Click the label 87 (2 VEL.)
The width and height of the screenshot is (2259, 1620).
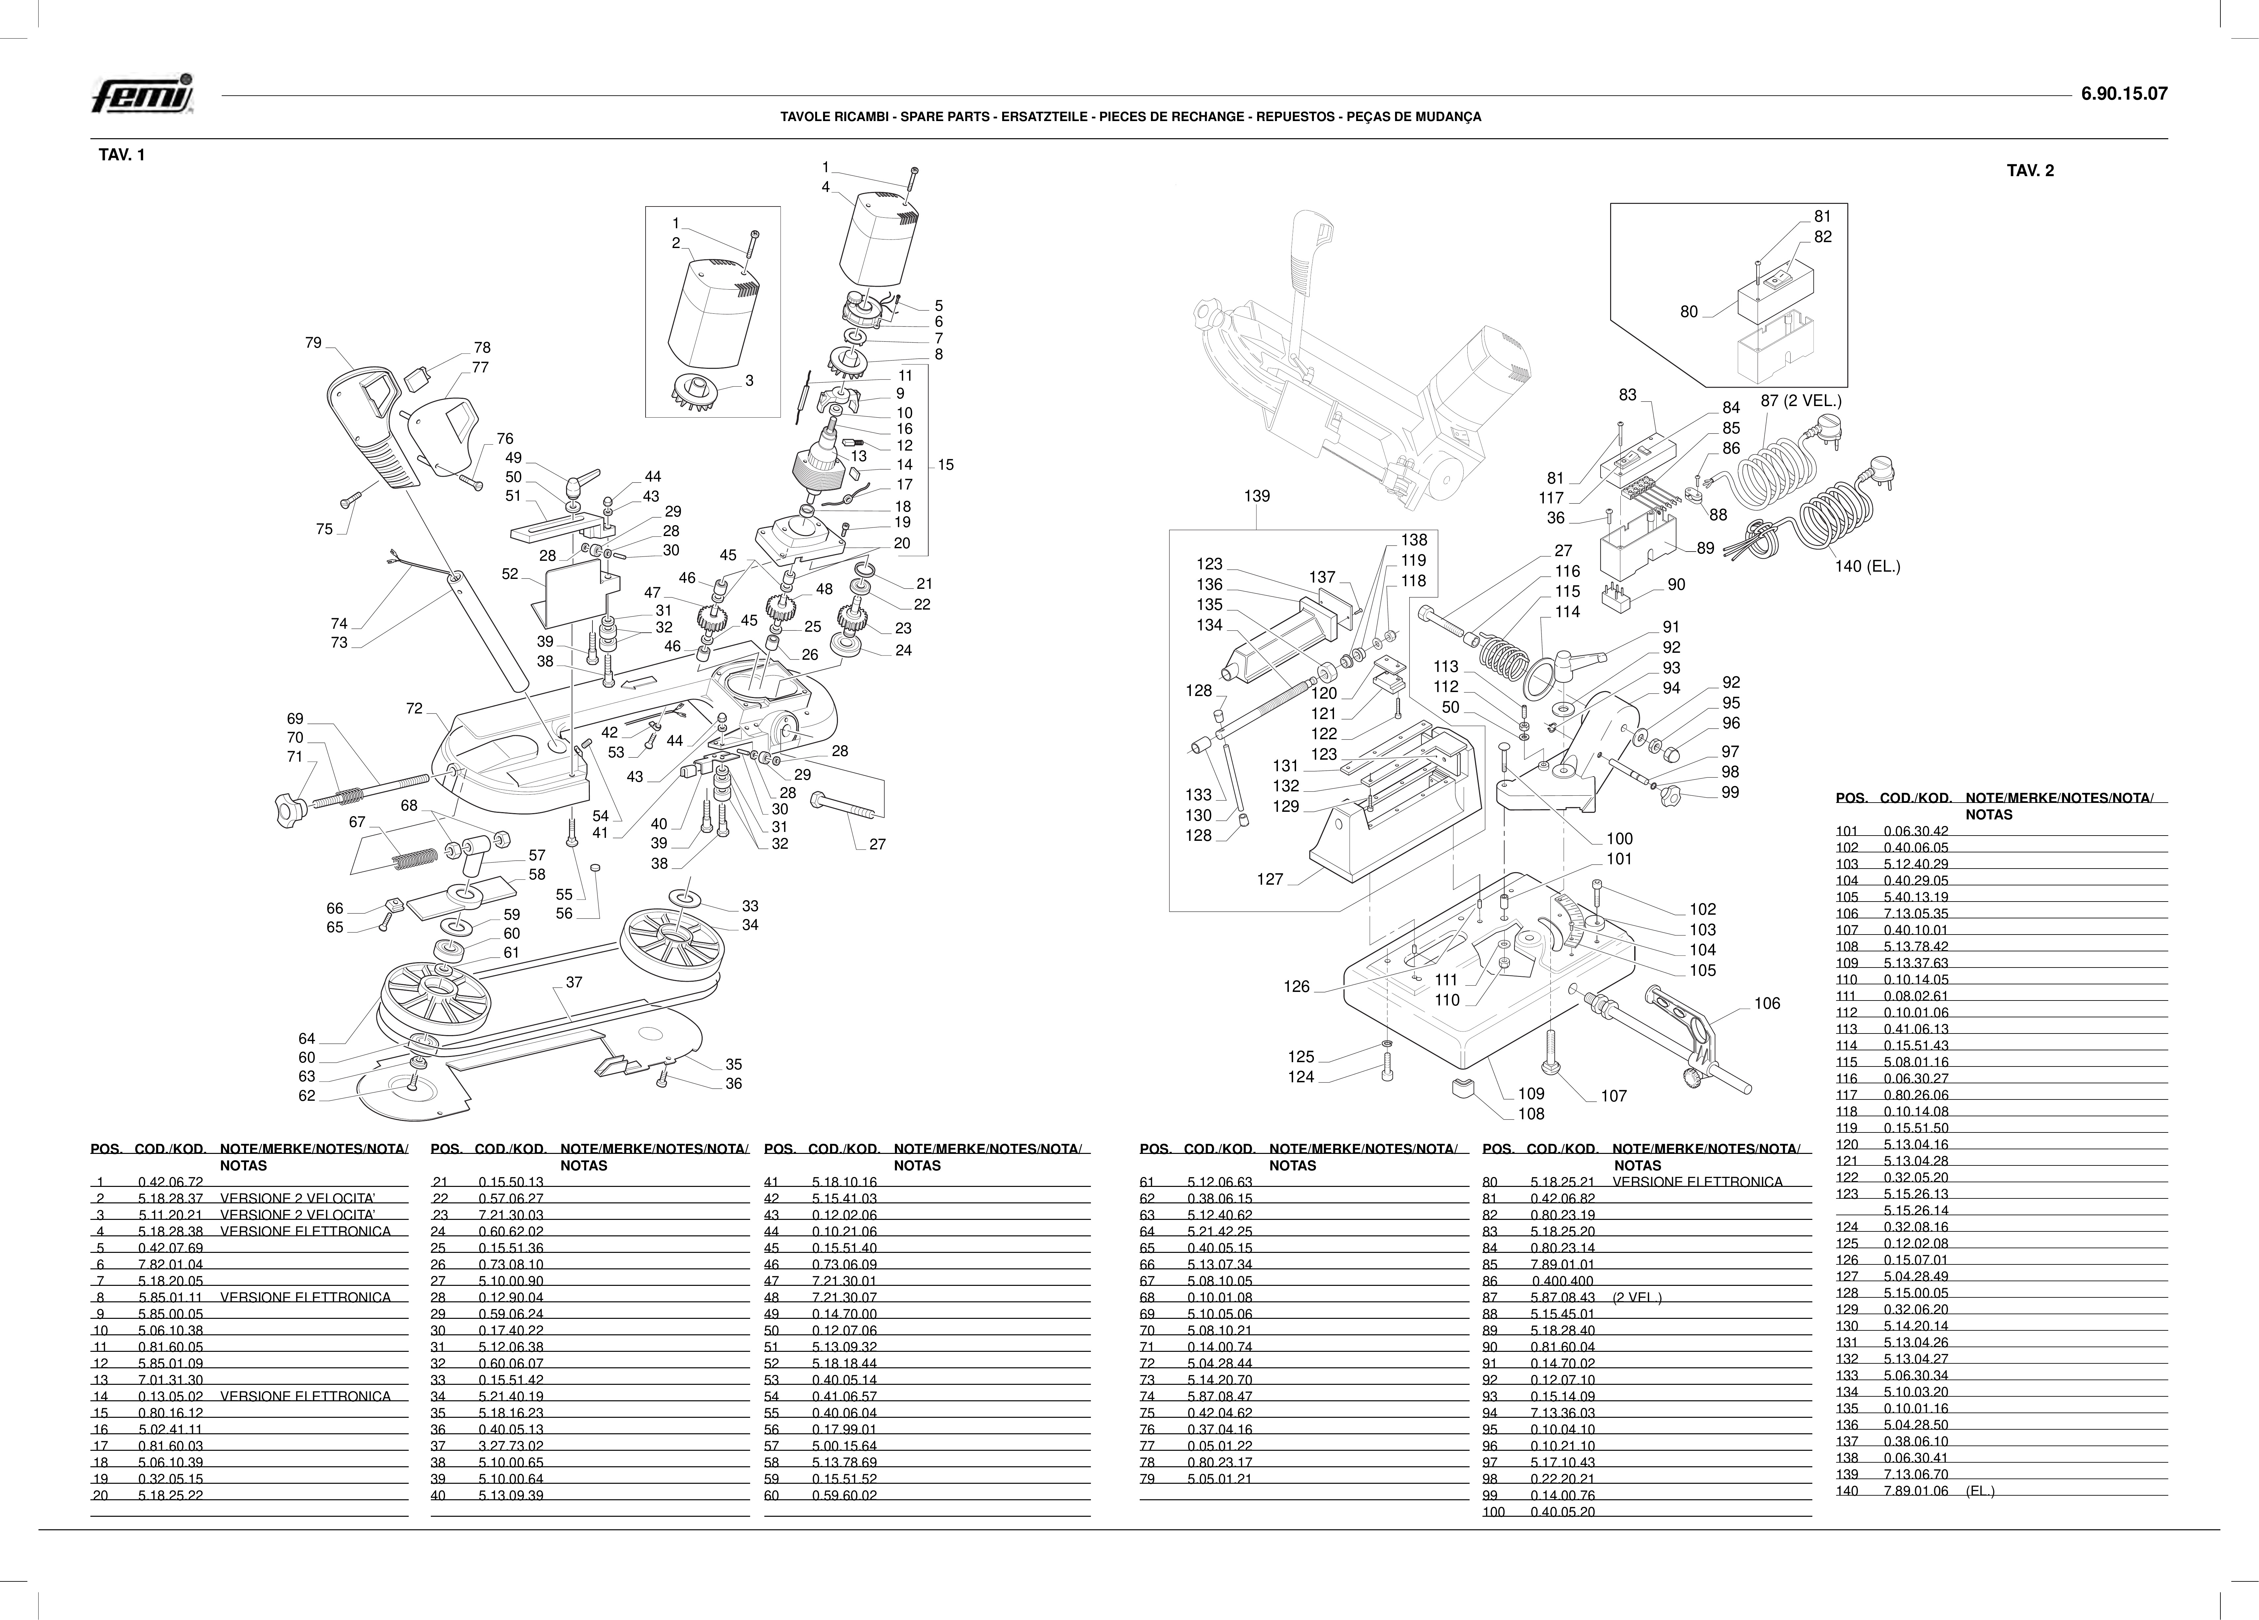[1801, 401]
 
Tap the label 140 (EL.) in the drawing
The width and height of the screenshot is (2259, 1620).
[1867, 567]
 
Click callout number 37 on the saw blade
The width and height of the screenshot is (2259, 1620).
[574, 982]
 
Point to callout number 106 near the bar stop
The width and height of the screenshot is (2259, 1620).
[1767, 1003]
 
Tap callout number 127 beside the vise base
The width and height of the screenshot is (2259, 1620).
[1270, 880]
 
